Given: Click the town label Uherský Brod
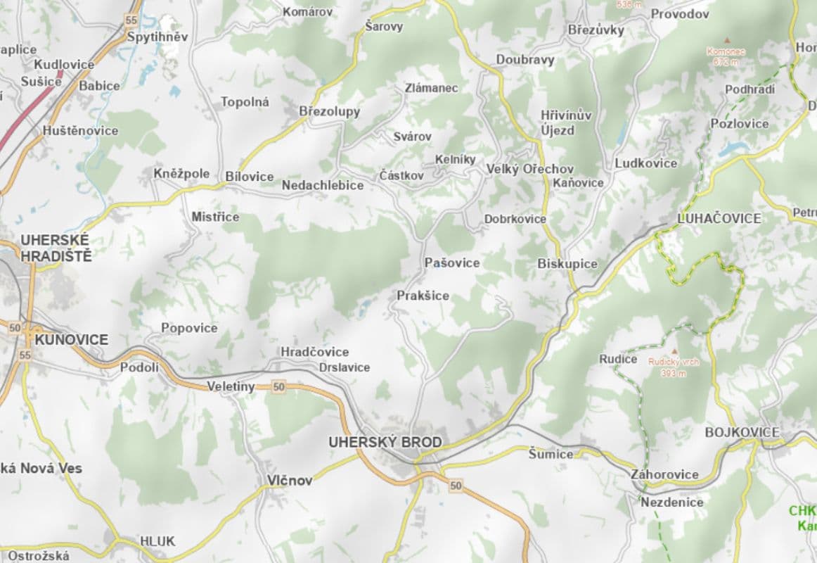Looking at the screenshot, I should point(385,443).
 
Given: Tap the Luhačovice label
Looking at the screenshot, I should point(719,218).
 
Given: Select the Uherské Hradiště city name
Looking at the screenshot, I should point(56,248).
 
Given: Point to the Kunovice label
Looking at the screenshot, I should point(71,340).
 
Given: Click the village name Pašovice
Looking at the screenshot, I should point(452,262).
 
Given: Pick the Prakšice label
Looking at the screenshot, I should point(423,296).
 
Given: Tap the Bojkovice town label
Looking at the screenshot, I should point(742,431).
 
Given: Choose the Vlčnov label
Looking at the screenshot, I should point(290,481).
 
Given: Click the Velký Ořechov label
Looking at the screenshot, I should point(530,169).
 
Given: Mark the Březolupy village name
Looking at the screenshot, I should point(329,112).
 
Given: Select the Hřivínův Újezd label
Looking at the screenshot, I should point(558,122).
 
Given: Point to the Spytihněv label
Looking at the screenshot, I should point(157,37).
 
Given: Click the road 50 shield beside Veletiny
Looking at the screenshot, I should point(279,386).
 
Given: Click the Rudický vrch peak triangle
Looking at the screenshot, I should point(675,351).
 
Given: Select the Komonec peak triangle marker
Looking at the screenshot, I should point(727,41).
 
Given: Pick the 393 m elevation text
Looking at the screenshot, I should point(673,373).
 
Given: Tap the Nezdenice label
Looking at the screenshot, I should point(671,502).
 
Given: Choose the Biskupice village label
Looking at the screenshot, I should point(567,264).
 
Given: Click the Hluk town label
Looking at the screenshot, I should point(157,541).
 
